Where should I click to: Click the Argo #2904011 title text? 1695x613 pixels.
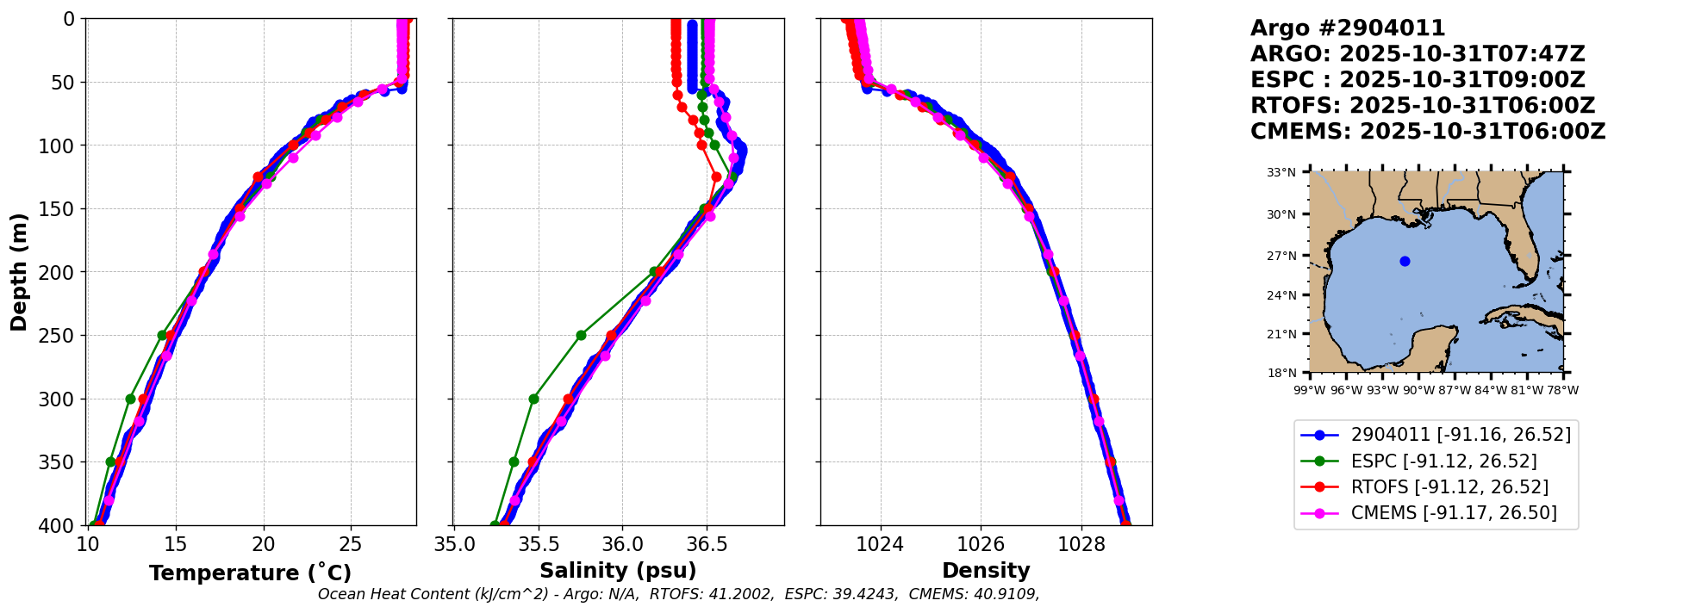point(1348,28)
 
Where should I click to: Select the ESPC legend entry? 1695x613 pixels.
point(1443,461)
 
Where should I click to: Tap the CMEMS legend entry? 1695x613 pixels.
point(1454,513)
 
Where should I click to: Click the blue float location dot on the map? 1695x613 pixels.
point(1405,261)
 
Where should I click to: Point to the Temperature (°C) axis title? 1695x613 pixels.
point(250,573)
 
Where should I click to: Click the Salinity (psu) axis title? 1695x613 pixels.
point(618,571)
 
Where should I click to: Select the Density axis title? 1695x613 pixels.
point(986,571)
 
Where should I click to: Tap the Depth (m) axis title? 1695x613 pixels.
point(19,271)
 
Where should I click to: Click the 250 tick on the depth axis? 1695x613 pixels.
point(64,336)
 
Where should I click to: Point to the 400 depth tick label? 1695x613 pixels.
point(64,525)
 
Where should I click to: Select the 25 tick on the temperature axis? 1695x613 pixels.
point(351,544)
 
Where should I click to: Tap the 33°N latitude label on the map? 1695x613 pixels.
point(1281,172)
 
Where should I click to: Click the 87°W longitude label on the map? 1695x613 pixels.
point(1454,390)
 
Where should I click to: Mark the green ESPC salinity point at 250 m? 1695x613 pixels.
point(581,335)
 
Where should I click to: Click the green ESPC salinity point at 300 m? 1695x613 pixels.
point(533,399)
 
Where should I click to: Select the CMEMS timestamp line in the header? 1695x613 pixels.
point(1428,132)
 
